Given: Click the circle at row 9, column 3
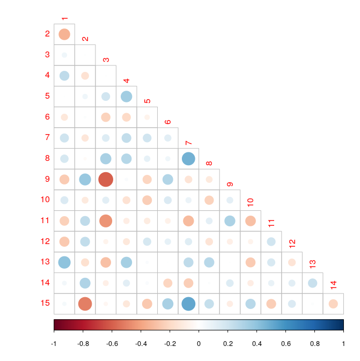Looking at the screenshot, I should (x=106, y=179).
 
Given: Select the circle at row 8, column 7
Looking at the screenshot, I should (x=188, y=159).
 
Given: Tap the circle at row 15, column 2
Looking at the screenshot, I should (x=85, y=304).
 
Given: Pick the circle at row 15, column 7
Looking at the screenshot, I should (x=188, y=304).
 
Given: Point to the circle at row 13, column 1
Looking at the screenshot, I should (x=64, y=262).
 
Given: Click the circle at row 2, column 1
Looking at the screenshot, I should (x=64, y=34).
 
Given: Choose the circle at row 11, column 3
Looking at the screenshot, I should (x=106, y=220).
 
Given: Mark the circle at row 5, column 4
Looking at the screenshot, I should (x=127, y=97).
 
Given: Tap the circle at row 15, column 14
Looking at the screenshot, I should (x=333, y=304).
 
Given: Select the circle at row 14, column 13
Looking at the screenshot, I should (x=312, y=283).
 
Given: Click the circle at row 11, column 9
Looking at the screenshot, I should (x=230, y=220).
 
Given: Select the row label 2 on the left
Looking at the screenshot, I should (x=47, y=34).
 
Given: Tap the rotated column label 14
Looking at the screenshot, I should (x=333, y=284).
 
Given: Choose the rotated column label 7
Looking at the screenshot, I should (x=188, y=143).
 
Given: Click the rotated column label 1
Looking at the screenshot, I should (x=64, y=19).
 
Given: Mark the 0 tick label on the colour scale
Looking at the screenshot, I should (x=199, y=343).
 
